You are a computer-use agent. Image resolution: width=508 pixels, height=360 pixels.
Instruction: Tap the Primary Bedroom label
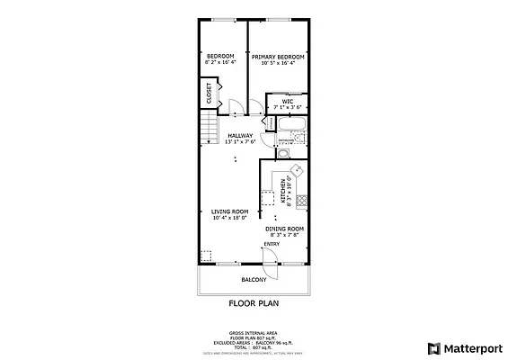point(278,56)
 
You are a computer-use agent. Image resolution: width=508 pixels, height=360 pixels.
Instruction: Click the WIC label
point(288,101)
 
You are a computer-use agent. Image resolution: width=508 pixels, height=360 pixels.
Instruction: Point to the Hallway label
point(240,136)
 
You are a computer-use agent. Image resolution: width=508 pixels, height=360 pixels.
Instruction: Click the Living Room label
point(229,211)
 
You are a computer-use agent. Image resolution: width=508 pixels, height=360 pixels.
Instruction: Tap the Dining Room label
point(284,229)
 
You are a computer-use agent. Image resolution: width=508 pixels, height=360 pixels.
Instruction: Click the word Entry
point(272,243)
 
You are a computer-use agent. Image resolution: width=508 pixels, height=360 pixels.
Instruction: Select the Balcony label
point(254,279)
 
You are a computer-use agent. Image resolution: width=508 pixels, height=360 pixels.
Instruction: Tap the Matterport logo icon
point(433,346)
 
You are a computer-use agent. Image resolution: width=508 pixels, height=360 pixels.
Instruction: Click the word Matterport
point(470,346)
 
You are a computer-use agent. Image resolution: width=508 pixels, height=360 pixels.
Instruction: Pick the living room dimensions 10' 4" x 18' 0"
point(229,218)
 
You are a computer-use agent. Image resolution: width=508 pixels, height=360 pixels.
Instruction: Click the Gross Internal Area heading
point(253,332)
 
